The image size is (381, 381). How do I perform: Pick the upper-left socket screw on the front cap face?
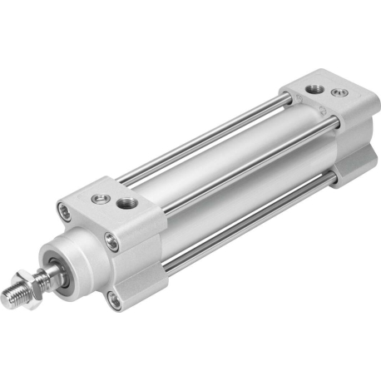(66, 209)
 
